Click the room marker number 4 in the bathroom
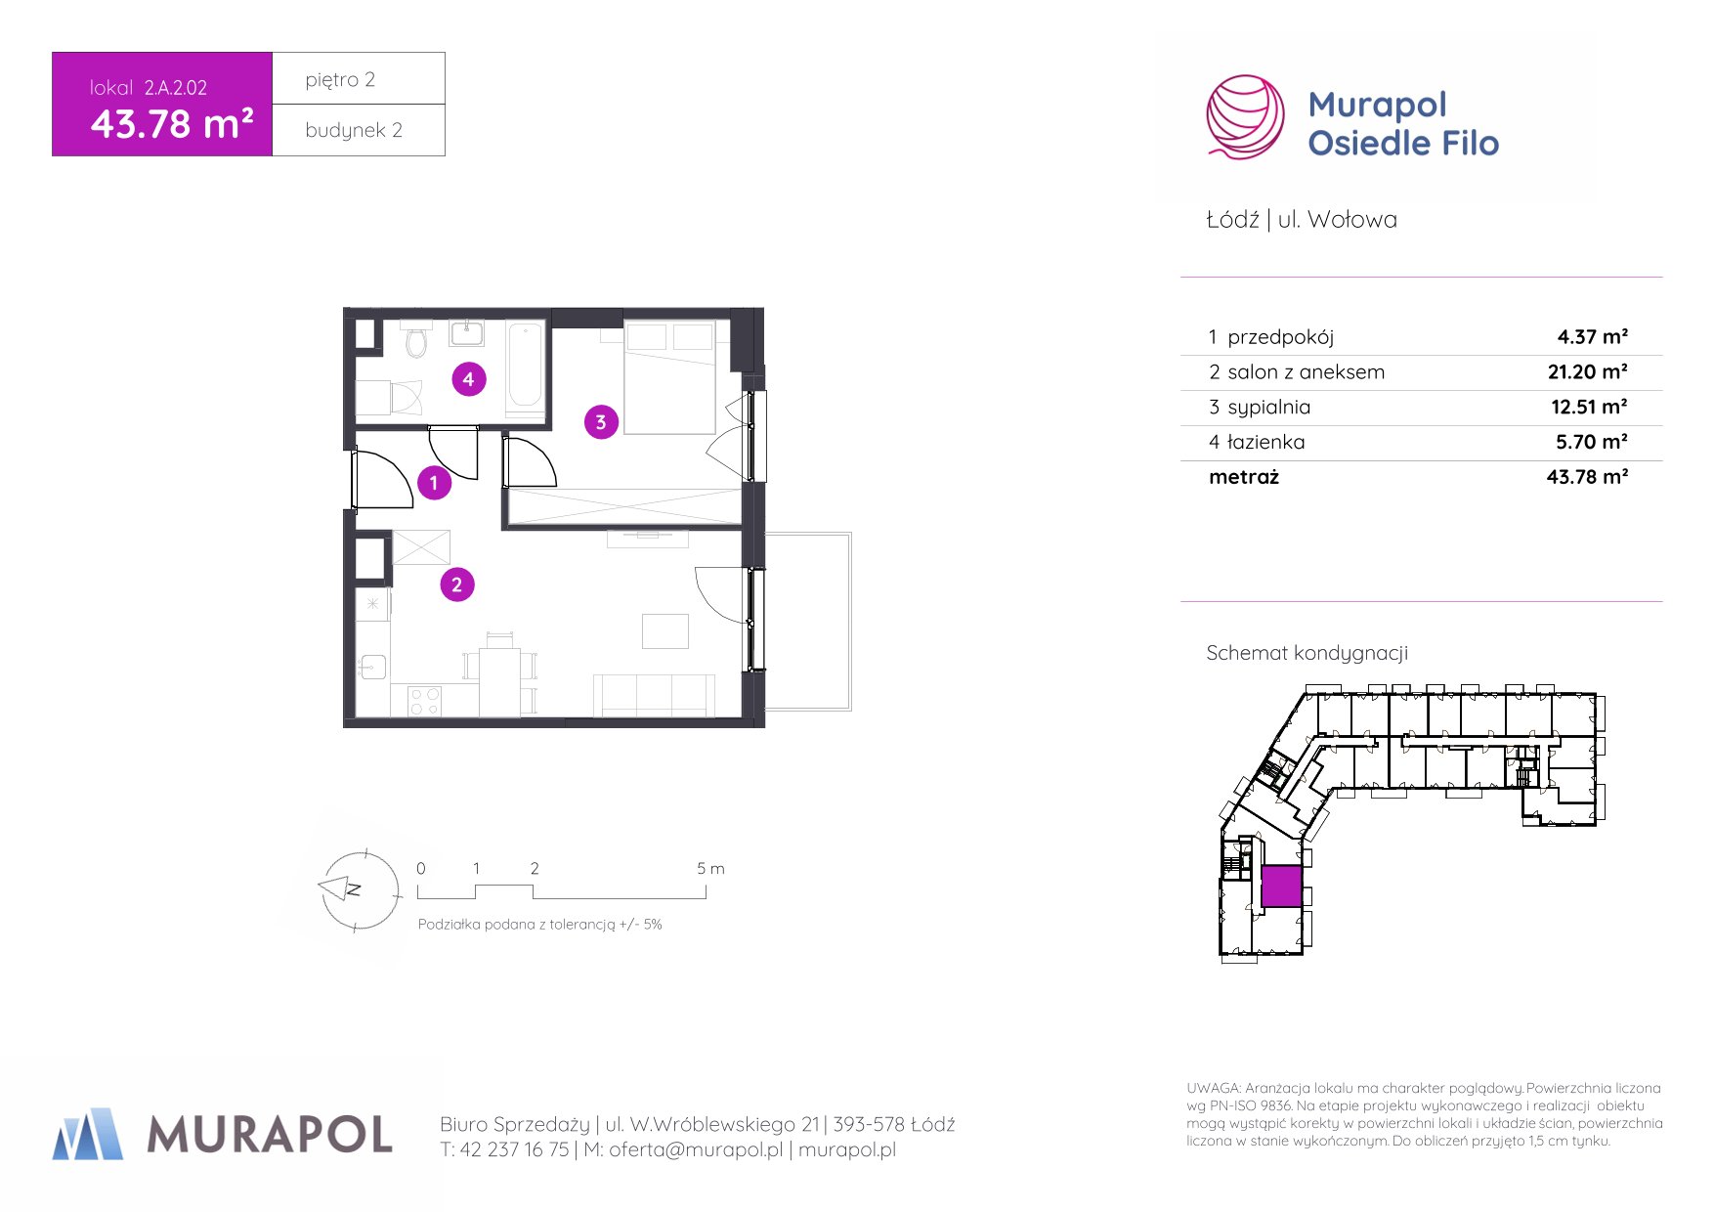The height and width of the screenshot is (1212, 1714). [469, 379]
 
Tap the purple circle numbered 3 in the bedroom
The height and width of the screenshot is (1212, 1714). [601, 422]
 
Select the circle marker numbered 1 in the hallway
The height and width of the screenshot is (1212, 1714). [434, 483]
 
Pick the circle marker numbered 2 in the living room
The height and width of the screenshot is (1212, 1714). [456, 584]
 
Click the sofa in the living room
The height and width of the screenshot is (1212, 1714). [654, 695]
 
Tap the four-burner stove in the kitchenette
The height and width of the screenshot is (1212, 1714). [425, 701]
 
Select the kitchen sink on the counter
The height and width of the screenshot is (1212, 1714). [372, 668]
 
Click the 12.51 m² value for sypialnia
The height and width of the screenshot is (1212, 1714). [1589, 407]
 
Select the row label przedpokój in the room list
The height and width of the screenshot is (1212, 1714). [1280, 337]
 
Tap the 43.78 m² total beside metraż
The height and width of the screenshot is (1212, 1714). [1587, 477]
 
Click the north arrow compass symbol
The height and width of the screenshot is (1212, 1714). [359, 889]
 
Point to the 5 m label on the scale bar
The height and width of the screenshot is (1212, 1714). [710, 868]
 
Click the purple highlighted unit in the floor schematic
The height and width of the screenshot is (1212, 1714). [1281, 887]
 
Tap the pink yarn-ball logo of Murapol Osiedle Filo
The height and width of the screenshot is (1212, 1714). [1245, 117]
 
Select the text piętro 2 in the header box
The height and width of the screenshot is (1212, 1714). [340, 80]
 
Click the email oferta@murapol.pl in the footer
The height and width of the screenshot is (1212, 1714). [696, 1149]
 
